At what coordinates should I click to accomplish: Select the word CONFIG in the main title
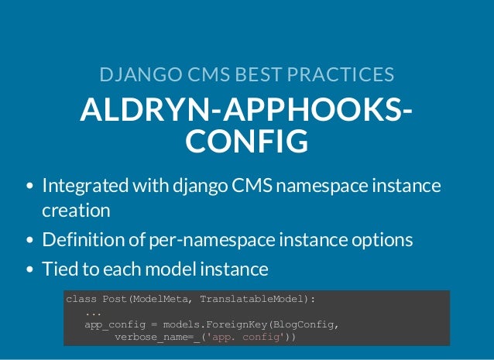pyautogui.click(x=247, y=142)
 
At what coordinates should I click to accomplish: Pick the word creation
pyautogui.click(x=76, y=210)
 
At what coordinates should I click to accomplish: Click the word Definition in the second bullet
pyautogui.click(x=83, y=240)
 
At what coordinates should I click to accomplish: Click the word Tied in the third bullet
pyautogui.click(x=58, y=269)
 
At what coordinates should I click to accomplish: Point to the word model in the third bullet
pyautogui.click(x=171, y=269)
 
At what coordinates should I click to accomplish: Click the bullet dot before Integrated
pyautogui.click(x=29, y=187)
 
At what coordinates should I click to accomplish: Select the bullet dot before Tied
pyautogui.click(x=29, y=270)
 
